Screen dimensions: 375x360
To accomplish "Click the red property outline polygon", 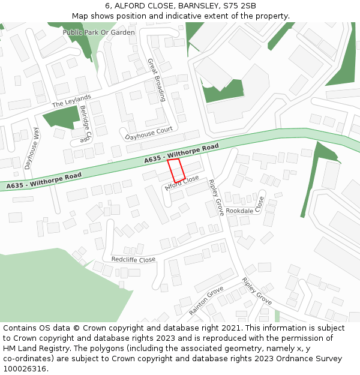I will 176,170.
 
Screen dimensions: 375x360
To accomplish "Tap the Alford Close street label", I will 182,183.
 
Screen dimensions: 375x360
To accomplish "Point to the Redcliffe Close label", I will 133,259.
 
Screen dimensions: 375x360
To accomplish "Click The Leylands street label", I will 71,101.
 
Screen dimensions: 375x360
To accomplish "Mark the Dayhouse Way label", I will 31,148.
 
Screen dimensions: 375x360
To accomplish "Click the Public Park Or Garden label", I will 99,32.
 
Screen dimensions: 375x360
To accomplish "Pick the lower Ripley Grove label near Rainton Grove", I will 257,290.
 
